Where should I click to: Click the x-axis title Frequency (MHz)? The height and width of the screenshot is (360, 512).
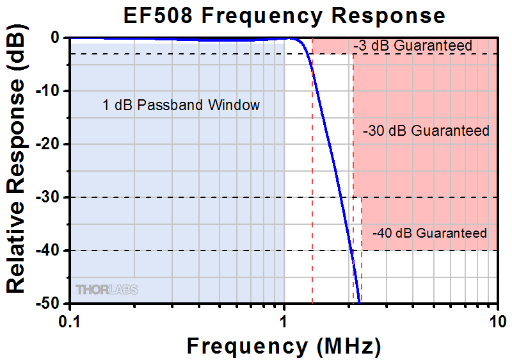[284, 346]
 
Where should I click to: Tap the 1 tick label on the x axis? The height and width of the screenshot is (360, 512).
[284, 320]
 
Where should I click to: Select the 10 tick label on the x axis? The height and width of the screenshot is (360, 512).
[497, 320]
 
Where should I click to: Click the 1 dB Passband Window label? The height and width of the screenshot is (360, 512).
[181, 106]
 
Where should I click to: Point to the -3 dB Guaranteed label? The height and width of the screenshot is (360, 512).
[412, 46]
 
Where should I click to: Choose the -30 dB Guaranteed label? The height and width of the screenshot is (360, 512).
[426, 131]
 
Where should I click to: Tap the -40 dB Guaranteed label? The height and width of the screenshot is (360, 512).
[429, 233]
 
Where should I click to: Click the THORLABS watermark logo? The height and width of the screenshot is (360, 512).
[107, 290]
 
